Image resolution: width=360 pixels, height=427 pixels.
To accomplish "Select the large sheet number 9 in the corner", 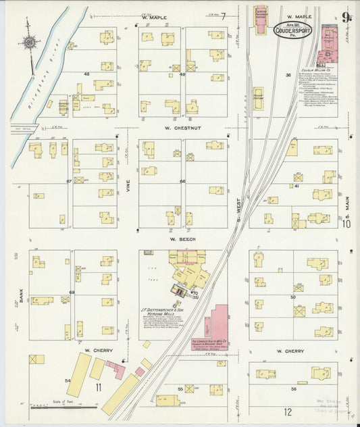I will pyautogui.click(x=345, y=18).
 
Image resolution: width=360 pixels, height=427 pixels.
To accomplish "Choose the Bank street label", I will pyautogui.click(x=22, y=295).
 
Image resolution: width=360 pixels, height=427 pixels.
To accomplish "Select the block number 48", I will pyautogui.click(x=86, y=74).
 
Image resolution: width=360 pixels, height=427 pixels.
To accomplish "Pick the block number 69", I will pyautogui.click(x=71, y=292).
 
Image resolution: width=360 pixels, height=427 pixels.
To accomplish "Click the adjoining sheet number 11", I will pyautogui.click(x=99, y=387).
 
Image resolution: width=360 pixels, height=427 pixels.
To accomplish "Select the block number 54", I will pyautogui.click(x=68, y=381).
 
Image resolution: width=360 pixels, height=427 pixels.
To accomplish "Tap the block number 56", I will pyautogui.click(x=293, y=388).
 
